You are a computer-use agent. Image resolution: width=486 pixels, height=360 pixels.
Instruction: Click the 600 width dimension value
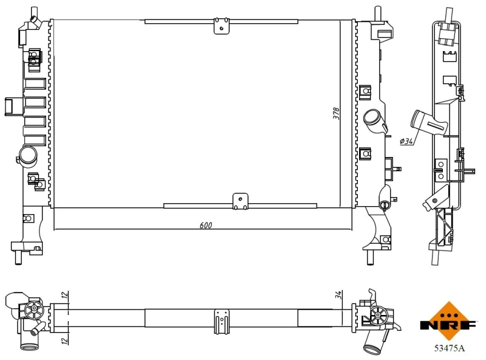point(206,225)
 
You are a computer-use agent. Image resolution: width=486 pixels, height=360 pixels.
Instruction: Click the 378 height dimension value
point(336,114)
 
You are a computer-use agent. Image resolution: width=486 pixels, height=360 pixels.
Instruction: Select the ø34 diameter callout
point(406,141)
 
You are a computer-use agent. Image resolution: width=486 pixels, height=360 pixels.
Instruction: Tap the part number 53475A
point(449,348)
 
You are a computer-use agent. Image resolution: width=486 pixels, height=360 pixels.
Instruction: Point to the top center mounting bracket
point(222,26)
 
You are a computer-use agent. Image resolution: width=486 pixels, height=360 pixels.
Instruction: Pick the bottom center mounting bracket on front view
point(241,201)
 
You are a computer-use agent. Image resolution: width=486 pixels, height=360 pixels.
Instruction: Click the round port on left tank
point(27,156)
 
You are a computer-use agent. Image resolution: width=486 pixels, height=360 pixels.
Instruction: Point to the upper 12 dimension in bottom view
point(64,296)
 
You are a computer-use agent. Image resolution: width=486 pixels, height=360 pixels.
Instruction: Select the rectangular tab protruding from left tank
point(12,106)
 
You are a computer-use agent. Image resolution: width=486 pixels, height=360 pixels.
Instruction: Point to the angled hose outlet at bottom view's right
point(372,347)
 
